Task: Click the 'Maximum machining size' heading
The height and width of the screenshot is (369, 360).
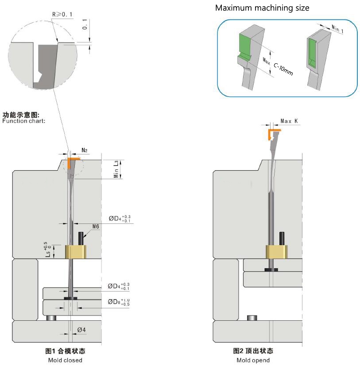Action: pos(262,8)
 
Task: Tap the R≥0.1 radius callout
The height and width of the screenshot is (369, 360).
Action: pos(62,15)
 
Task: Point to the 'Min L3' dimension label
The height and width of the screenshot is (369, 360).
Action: pos(116,169)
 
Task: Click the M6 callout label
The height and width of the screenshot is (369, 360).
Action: pos(96,227)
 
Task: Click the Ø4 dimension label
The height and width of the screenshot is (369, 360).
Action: pos(81,330)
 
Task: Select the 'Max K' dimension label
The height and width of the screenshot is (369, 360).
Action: pos(290,121)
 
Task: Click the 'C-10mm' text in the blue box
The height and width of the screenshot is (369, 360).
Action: pos(283,68)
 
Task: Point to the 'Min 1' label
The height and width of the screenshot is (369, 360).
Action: pos(337,29)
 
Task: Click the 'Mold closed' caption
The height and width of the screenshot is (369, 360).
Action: pos(65,360)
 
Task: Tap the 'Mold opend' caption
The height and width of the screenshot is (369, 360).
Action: pos(253,360)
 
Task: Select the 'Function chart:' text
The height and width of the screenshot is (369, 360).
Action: pos(24,121)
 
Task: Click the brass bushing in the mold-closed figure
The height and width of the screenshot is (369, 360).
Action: pos(75,252)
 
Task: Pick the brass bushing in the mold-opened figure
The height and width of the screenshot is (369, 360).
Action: pos(278,251)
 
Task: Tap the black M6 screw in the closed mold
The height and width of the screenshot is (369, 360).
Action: pos(81,238)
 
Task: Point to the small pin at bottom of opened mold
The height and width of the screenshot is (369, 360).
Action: pos(252,317)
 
